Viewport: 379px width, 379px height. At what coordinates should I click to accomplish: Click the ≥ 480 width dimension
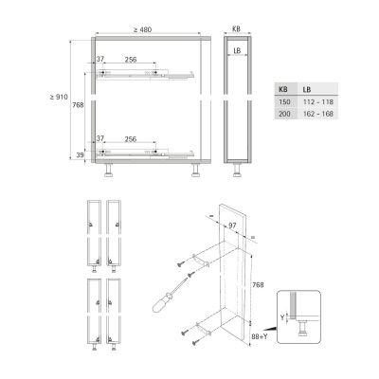point(142,29)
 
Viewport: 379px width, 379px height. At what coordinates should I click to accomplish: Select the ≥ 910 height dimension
point(59,97)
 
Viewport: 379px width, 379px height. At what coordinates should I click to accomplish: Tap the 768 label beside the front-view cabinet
point(78,105)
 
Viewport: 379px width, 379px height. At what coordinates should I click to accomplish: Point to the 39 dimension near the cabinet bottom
point(81,155)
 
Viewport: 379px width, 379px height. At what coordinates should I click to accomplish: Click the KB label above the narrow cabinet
point(237,29)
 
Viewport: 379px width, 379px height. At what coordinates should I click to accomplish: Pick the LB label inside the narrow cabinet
point(237,50)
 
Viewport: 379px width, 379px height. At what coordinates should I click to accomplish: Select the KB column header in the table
point(283,90)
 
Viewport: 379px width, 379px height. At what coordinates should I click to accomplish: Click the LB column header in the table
point(307,90)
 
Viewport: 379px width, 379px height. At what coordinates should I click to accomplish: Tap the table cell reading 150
point(284,102)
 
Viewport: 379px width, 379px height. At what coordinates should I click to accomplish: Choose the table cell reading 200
point(284,114)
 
